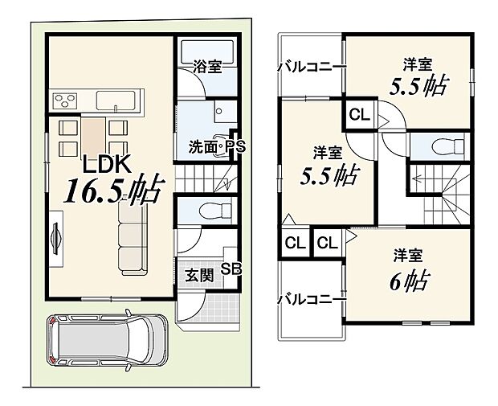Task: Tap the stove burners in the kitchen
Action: point(63,101)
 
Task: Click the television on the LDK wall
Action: point(56,237)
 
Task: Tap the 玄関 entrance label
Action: point(200,275)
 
